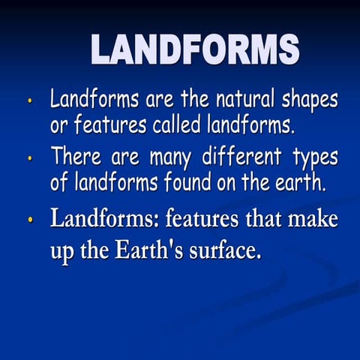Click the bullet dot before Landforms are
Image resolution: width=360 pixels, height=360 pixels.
pyautogui.click(x=30, y=100)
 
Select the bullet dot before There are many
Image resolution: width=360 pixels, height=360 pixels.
pyautogui.click(x=30, y=158)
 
